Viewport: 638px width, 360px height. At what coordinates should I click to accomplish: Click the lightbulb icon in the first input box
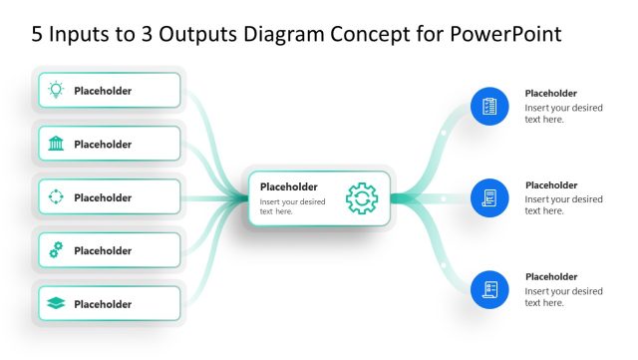click(x=56, y=91)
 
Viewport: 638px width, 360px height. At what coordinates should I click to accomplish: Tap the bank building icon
click(x=56, y=144)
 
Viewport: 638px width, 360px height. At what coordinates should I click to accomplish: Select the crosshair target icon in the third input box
click(x=56, y=197)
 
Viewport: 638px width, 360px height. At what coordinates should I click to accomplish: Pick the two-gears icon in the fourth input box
click(x=56, y=250)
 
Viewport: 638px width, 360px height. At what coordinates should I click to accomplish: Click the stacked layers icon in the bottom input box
click(x=56, y=304)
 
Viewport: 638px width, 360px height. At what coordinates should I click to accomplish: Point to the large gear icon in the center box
click(x=362, y=197)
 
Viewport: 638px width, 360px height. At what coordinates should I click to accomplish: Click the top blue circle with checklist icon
click(x=489, y=106)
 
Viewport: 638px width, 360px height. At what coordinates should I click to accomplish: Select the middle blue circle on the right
click(x=489, y=197)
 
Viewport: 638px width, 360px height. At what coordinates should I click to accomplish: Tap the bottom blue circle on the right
click(x=489, y=289)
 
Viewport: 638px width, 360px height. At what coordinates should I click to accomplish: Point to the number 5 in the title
click(x=38, y=34)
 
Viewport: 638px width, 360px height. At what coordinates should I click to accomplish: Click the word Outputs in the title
click(x=168, y=34)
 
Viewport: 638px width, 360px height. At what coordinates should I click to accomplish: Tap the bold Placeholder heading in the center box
click(x=288, y=186)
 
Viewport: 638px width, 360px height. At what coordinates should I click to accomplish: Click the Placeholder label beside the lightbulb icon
click(x=103, y=91)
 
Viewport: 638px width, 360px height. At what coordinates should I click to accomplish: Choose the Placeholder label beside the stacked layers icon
click(x=103, y=304)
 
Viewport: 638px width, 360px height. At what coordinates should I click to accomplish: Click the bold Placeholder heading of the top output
click(x=551, y=94)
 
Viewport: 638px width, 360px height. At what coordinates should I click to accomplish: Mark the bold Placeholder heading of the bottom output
click(x=551, y=277)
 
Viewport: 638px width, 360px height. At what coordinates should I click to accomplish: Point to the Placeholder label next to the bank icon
click(x=103, y=144)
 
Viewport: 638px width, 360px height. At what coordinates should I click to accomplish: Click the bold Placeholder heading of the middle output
click(x=551, y=185)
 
